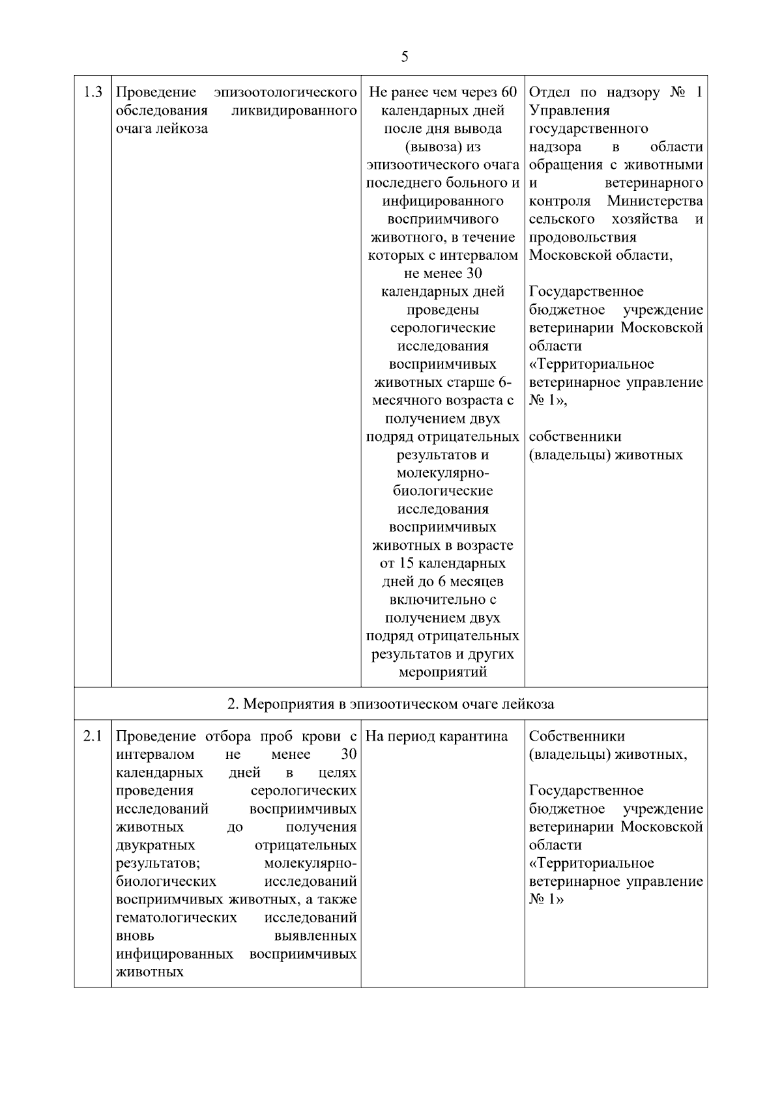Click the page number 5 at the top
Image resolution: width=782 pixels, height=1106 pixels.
point(405,57)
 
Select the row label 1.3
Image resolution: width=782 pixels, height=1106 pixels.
point(93,92)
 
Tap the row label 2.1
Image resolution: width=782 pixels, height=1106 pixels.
point(93,737)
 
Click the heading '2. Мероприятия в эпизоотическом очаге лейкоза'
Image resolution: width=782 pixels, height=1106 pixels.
point(390,703)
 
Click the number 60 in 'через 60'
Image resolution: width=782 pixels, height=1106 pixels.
point(509,92)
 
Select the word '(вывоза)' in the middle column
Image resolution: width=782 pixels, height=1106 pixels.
point(442,147)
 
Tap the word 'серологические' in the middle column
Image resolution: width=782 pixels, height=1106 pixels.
point(442,328)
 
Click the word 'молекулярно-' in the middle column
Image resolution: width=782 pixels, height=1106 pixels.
point(442,473)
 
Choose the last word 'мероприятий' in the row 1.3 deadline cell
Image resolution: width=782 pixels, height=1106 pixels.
point(442,672)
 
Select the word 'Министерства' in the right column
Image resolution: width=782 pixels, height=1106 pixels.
point(655,201)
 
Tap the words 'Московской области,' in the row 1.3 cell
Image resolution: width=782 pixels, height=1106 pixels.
point(600,255)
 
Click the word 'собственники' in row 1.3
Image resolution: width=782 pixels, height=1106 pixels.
point(575,436)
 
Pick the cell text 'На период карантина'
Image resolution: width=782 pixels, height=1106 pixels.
point(437,737)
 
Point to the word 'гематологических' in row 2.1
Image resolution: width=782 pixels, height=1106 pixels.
point(176,918)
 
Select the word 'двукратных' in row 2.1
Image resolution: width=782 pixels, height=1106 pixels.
point(155,845)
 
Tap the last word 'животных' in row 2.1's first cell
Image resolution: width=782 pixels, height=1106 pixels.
point(149,972)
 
